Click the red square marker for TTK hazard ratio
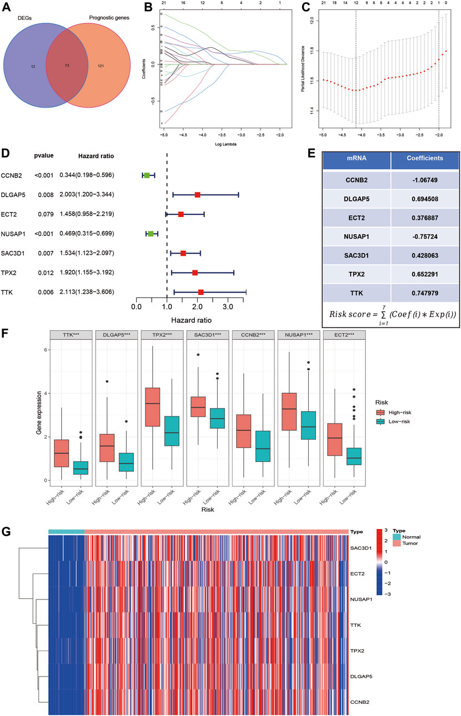(201, 292)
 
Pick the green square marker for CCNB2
(147, 175)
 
